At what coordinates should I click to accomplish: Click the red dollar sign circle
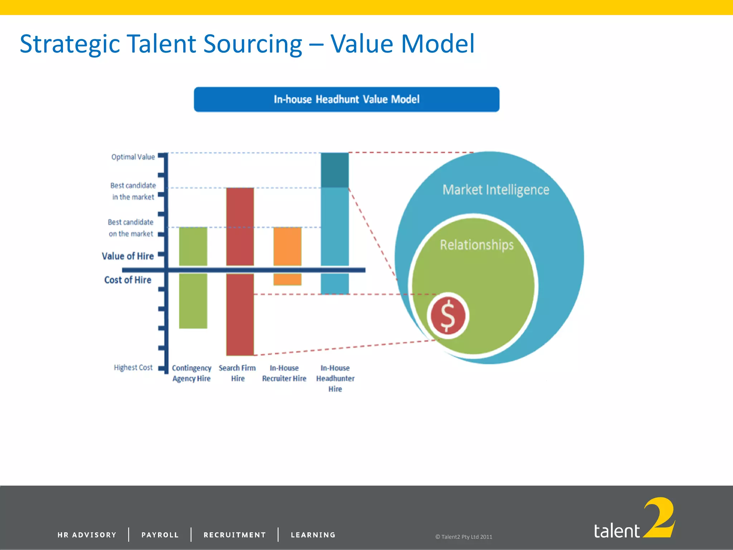tap(447, 316)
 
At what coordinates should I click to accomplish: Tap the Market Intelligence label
tap(496, 190)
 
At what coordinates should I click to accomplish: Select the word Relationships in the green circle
tap(476, 245)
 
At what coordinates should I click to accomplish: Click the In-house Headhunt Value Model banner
tap(346, 99)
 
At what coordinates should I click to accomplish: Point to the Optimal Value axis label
tap(133, 157)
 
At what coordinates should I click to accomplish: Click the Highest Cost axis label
tap(133, 367)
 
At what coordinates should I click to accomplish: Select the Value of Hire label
tap(128, 256)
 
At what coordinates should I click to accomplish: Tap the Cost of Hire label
tap(128, 280)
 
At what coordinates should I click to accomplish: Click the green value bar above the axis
tap(193, 246)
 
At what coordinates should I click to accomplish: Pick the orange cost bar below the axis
tap(287, 279)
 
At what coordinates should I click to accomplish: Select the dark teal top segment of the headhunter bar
tap(335, 170)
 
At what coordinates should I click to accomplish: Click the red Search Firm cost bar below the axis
tap(240, 314)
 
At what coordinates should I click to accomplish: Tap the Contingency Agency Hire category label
tap(191, 373)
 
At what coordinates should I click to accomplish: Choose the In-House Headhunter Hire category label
tap(335, 378)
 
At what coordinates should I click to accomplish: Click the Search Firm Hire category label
tap(237, 373)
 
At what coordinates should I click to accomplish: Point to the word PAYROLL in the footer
tap(160, 535)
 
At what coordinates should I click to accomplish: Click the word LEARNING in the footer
tap(313, 535)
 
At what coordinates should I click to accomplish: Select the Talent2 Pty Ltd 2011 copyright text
tap(463, 537)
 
